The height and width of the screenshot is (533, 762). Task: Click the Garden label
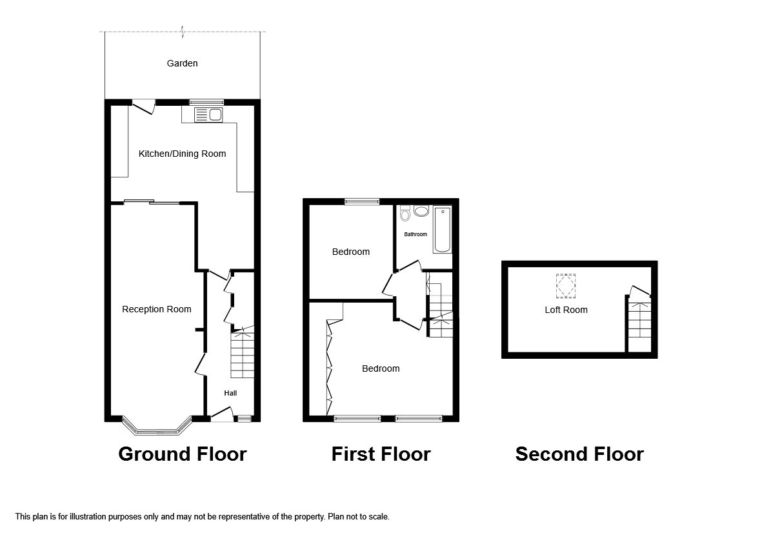[x=182, y=63]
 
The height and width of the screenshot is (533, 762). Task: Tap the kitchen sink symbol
[x=208, y=115]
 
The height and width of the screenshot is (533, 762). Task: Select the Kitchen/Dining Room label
[x=182, y=154]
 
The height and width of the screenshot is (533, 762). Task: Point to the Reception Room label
[x=157, y=309]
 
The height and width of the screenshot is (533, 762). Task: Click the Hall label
[x=230, y=393]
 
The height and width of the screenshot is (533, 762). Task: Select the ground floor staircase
[x=242, y=354]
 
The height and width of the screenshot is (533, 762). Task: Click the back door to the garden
[x=144, y=106]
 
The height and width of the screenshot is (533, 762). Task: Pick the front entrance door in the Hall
[x=221, y=414]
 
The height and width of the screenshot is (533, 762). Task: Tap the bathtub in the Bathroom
[x=443, y=229]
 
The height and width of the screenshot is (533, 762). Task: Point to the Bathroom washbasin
[x=421, y=212]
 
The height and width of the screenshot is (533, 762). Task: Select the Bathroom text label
[x=416, y=234]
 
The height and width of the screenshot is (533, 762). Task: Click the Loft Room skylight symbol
[x=566, y=286]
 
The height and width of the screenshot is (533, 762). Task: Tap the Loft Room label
[x=566, y=310]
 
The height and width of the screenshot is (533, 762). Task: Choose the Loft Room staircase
[x=639, y=323]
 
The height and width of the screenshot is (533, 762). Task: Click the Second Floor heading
[x=579, y=454]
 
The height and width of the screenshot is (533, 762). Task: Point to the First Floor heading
[x=381, y=454]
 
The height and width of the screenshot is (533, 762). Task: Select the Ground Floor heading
[x=182, y=454]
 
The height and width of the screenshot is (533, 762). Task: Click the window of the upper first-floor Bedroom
[x=362, y=201]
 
